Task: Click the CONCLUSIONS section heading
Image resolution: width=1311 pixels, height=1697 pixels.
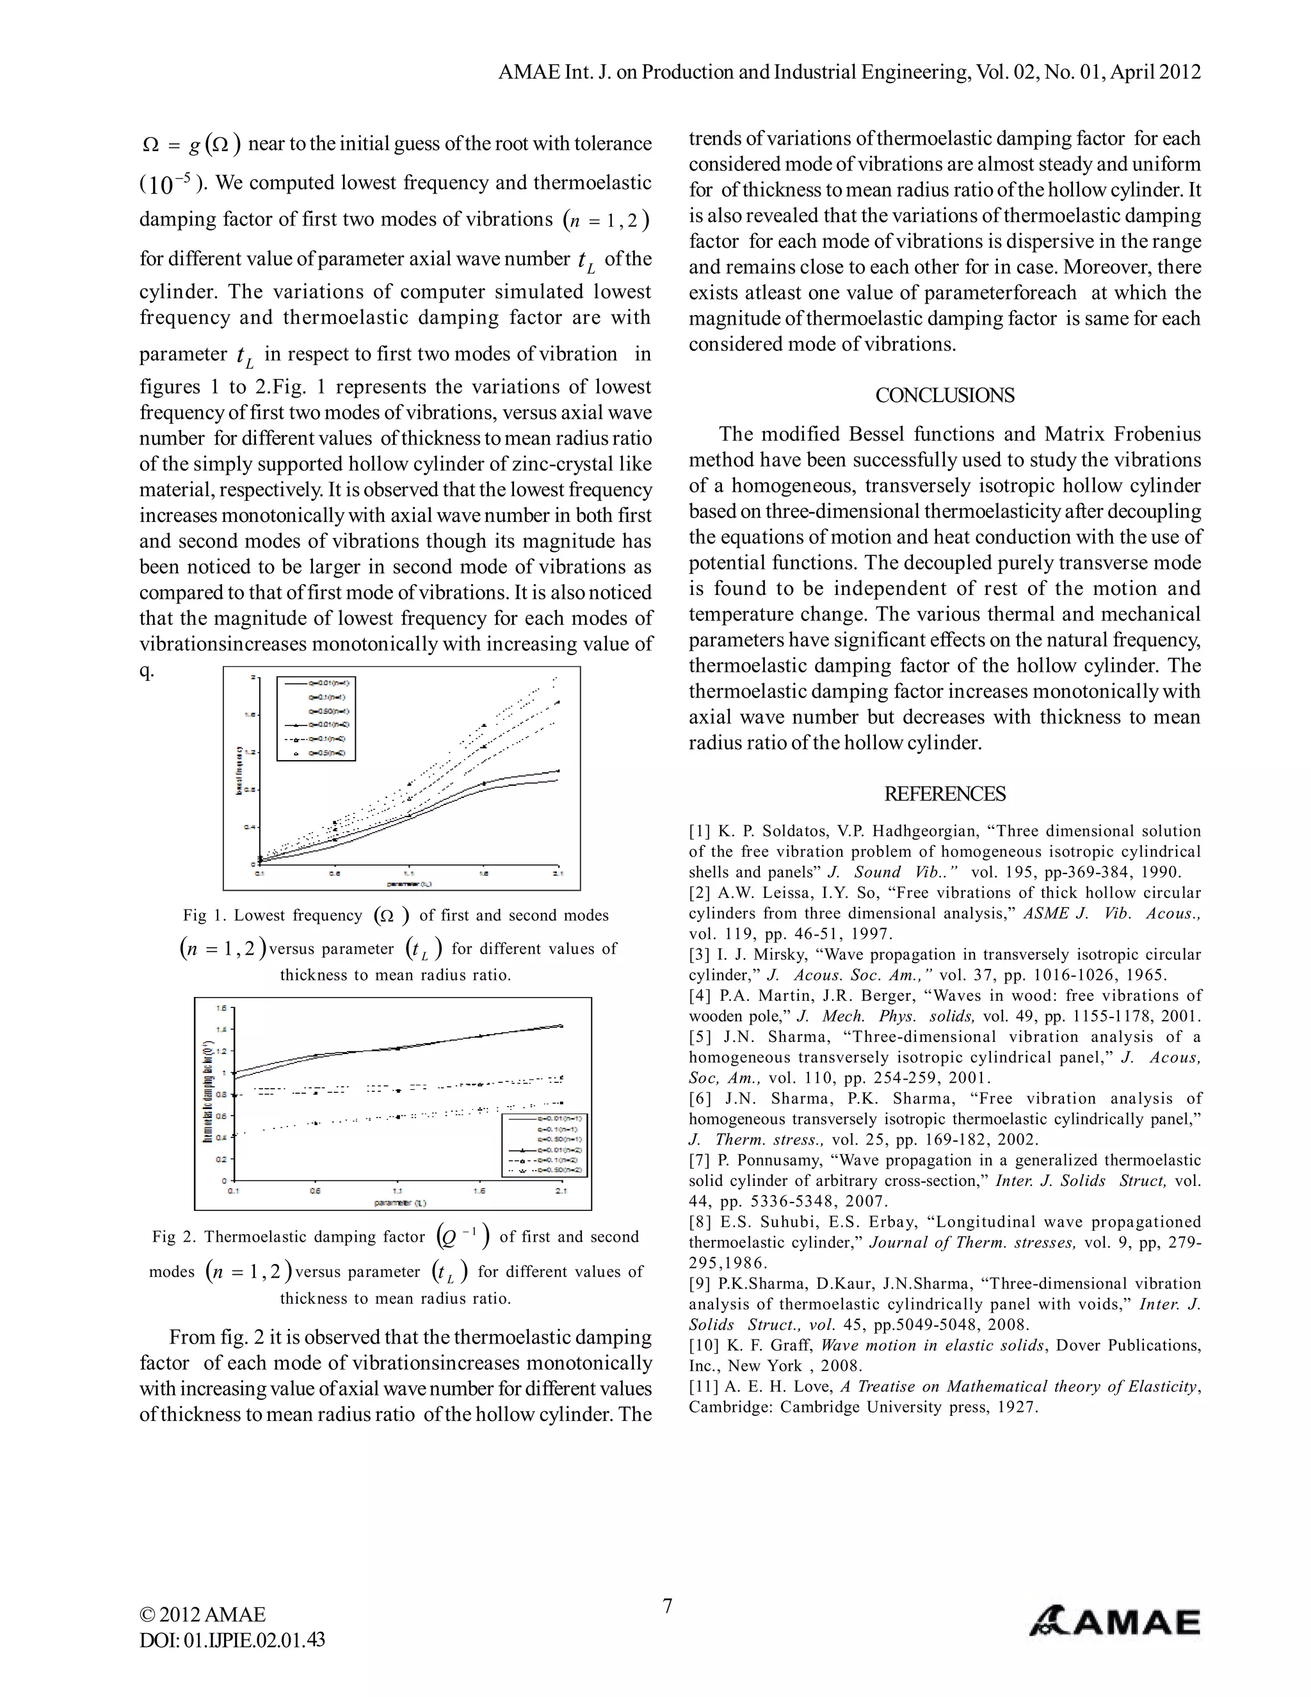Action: point(944,396)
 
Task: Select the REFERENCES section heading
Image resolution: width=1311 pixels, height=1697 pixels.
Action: point(944,794)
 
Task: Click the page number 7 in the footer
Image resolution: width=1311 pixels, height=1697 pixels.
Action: point(667,1605)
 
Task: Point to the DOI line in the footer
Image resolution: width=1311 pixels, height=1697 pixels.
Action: point(232,1639)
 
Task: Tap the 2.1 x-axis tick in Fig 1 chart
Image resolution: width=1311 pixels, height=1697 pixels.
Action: point(558,873)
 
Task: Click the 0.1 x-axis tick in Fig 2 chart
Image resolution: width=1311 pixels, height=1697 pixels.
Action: point(233,1190)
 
